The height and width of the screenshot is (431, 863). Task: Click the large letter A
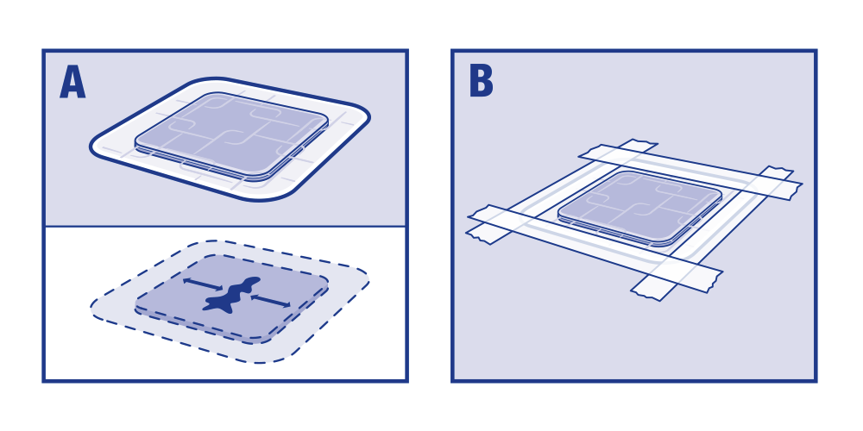pos(72,83)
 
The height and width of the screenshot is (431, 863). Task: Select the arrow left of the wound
pos(202,284)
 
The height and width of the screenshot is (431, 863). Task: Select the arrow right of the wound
pos(269,300)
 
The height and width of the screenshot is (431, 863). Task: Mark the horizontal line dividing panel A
pos(225,226)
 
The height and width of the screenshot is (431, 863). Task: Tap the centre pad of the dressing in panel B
pos(639,207)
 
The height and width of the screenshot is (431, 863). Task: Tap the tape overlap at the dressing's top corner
pos(607,157)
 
